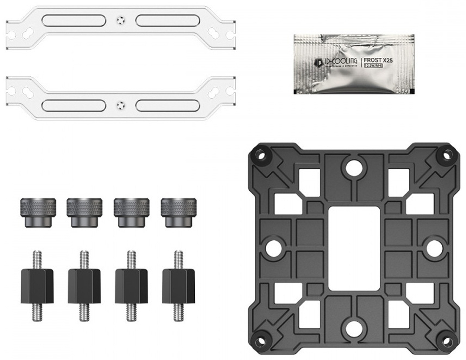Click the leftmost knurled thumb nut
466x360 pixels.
(x=38, y=212)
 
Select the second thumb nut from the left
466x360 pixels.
(x=84, y=212)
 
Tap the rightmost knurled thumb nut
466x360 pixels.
(x=179, y=212)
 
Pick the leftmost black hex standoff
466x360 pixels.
(x=37, y=285)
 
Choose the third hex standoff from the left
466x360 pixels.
(x=131, y=285)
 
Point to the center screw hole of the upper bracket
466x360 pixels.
(x=121, y=21)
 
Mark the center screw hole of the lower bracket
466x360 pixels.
(x=121, y=104)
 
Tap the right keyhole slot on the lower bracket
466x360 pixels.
(x=215, y=92)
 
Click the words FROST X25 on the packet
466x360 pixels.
(x=378, y=60)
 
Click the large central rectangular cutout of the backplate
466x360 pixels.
(x=354, y=249)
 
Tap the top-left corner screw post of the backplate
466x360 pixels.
(x=260, y=155)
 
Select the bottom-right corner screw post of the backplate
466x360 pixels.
(x=446, y=339)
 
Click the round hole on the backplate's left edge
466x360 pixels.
(x=273, y=248)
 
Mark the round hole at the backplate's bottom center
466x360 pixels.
(x=354, y=328)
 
